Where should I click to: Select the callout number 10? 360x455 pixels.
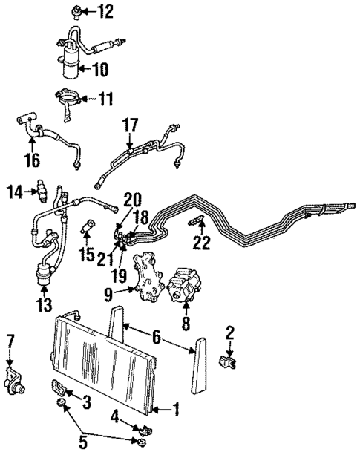(x=99, y=70)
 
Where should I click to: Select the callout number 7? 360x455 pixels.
(x=10, y=341)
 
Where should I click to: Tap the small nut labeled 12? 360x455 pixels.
(x=76, y=10)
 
